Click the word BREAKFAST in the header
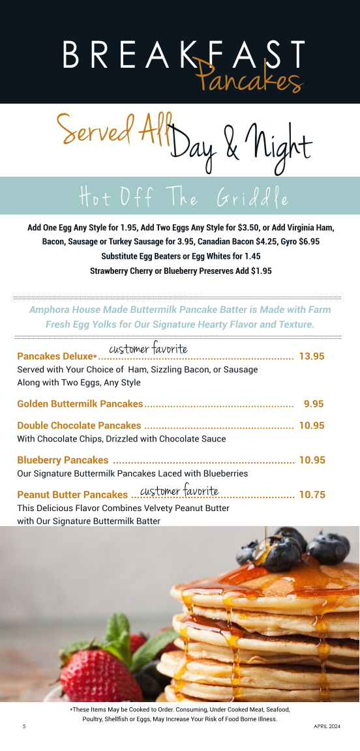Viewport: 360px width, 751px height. [x=184, y=55]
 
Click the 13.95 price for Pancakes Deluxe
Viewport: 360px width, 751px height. [x=312, y=356]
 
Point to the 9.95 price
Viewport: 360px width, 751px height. [x=314, y=404]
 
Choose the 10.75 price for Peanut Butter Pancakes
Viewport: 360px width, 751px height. [x=312, y=495]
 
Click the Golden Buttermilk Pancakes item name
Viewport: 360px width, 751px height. [x=80, y=404]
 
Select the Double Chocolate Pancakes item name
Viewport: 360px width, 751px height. [x=79, y=426]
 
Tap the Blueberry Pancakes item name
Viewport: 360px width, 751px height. [x=63, y=460]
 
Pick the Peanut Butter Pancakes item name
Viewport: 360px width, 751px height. [x=72, y=495]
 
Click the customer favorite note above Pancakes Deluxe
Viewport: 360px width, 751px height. [x=148, y=349]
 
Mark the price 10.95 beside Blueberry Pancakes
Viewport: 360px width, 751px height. [x=312, y=460]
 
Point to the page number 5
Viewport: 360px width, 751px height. [x=24, y=726]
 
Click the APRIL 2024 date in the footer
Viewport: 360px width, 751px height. [x=327, y=726]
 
